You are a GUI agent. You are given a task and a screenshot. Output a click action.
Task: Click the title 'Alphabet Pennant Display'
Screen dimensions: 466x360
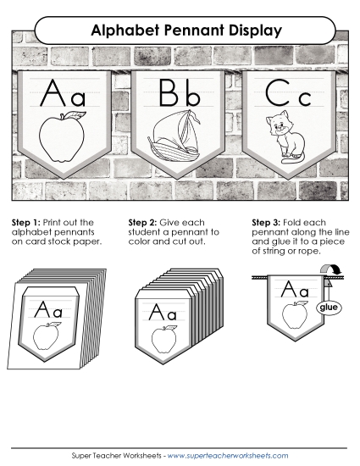pos(180,31)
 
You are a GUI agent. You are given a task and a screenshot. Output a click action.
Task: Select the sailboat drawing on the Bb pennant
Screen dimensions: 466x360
pos(174,133)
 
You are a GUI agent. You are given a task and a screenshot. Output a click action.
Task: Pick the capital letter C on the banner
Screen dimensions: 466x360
pos(278,92)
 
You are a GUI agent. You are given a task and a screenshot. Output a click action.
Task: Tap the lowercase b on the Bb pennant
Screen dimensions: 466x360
pos(191,92)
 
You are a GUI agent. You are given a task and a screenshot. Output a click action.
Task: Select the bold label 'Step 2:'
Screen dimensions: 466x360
pos(141,222)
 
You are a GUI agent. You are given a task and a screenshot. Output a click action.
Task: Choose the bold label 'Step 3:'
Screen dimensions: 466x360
pos(266,222)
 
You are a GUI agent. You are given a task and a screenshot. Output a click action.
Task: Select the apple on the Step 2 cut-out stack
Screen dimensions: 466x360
pos(164,339)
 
